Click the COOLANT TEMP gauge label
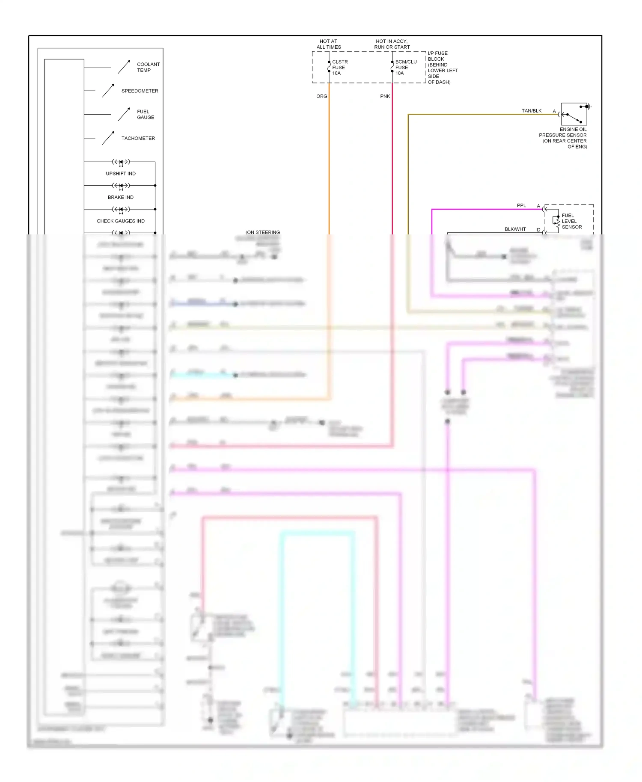[x=148, y=67]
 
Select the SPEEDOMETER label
[x=140, y=91]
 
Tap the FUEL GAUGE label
[x=145, y=115]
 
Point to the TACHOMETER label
[x=138, y=139]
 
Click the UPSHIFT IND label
[x=121, y=174]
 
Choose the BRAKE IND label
[x=121, y=198]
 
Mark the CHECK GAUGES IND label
[x=121, y=221]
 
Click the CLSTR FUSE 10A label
[x=339, y=68]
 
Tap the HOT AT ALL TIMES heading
[x=329, y=44]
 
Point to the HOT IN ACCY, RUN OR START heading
[x=392, y=44]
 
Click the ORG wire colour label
[x=321, y=96]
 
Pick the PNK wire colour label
[x=385, y=96]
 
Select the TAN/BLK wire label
[x=531, y=111]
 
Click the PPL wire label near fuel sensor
[x=521, y=206]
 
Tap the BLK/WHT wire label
[x=515, y=229]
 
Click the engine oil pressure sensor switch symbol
[x=574, y=114]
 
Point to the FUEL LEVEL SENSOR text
[x=571, y=222]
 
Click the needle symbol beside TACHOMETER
[x=108, y=138]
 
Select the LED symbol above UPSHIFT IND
[x=121, y=162]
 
